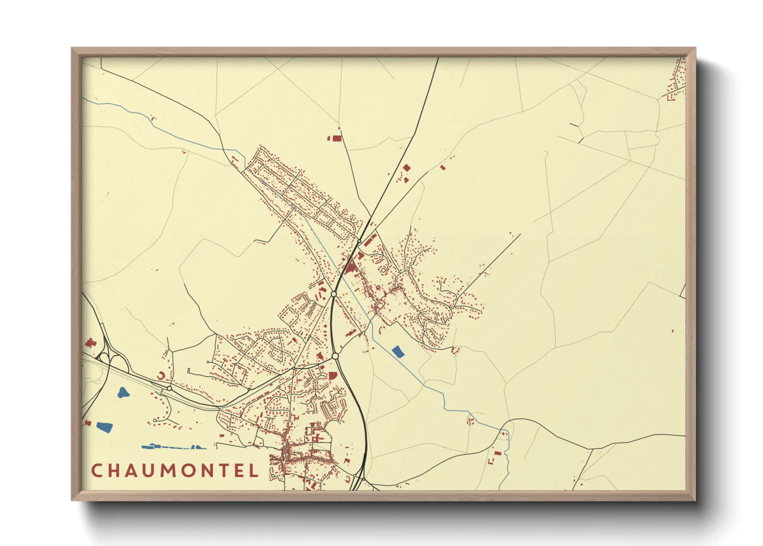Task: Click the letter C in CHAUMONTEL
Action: tap(96, 471)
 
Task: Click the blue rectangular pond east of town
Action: tap(397, 352)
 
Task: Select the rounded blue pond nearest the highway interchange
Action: tap(123, 393)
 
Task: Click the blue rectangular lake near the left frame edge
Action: tap(104, 427)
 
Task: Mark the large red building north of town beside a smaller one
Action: tap(336, 138)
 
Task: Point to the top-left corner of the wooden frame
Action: tap(72, 49)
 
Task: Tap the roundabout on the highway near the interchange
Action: tap(169, 388)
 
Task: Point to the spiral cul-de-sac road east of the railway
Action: tap(383, 269)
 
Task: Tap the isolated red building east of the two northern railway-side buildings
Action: tap(442, 167)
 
